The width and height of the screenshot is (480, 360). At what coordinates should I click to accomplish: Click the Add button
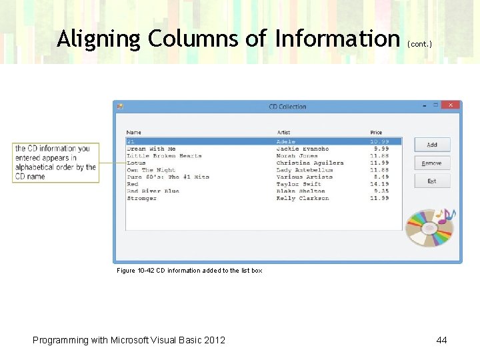(432, 145)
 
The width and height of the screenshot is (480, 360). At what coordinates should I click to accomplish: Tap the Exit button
(432, 181)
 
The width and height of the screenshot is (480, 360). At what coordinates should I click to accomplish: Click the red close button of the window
(453, 105)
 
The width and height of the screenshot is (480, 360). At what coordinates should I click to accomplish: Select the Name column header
(134, 133)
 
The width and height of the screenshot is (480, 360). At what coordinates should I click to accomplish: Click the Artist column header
(283, 133)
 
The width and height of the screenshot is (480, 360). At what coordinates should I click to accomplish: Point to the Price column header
(377, 133)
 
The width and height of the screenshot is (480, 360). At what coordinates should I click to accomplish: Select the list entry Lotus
(136, 163)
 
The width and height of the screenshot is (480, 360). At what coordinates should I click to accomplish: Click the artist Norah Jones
(297, 156)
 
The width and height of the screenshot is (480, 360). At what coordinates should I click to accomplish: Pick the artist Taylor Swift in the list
(299, 184)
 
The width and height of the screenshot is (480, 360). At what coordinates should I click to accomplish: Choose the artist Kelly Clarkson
(303, 198)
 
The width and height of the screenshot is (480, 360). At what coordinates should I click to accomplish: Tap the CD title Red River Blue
(153, 191)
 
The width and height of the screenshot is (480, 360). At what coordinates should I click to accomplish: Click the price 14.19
(379, 184)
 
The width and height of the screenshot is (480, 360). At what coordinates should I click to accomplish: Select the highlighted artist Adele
(286, 141)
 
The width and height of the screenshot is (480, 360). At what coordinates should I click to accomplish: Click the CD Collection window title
(287, 107)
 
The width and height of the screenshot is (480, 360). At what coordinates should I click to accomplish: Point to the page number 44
(441, 340)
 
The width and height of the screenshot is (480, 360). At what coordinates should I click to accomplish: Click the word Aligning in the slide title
(99, 39)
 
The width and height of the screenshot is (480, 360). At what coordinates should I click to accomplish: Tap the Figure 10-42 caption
(189, 271)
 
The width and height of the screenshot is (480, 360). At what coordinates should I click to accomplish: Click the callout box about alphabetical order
(55, 163)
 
